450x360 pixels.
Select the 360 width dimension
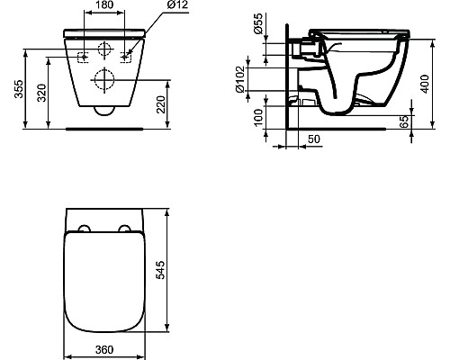103,348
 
